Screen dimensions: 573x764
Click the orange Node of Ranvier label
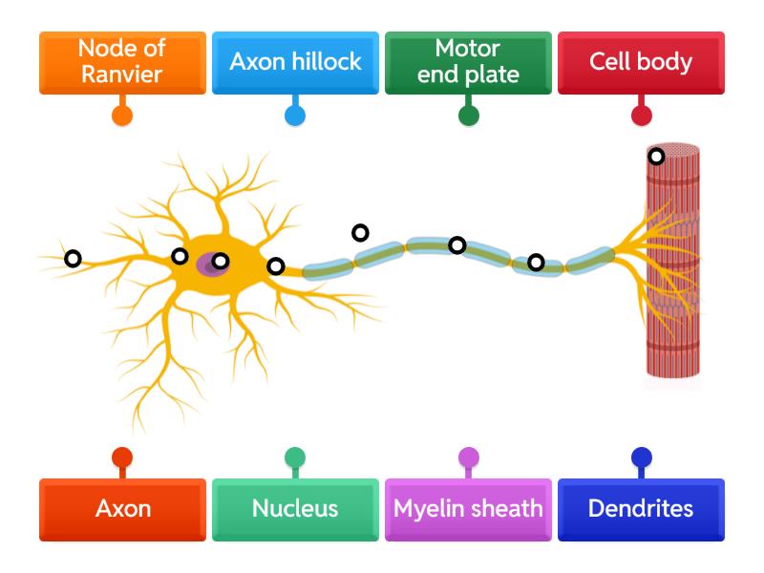pyautogui.click(x=122, y=63)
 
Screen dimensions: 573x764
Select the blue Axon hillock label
pyautogui.click(x=295, y=63)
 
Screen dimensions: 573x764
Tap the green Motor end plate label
pyautogui.click(x=468, y=63)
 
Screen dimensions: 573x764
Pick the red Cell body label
pyautogui.click(x=641, y=63)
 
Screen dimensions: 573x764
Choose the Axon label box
pyautogui.click(x=122, y=509)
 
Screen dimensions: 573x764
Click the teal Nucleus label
pyautogui.click(x=295, y=509)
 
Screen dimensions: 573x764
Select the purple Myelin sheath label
pyautogui.click(x=468, y=509)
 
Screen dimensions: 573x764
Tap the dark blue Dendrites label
pyautogui.click(x=641, y=509)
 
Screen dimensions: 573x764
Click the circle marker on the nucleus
pyautogui.click(x=221, y=261)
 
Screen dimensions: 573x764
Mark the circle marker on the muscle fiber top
pyautogui.click(x=656, y=156)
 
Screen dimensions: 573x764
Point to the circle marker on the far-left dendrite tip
pyautogui.click(x=73, y=259)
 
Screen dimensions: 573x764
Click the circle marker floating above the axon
pyautogui.click(x=360, y=232)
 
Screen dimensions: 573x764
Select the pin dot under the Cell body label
pyautogui.click(x=642, y=116)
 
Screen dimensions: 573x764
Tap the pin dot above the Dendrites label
pyautogui.click(x=642, y=457)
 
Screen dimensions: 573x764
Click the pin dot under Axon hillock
pyautogui.click(x=295, y=116)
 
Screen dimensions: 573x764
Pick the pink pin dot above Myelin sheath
pyautogui.click(x=468, y=457)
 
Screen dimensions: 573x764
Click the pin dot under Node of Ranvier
pyautogui.click(x=122, y=116)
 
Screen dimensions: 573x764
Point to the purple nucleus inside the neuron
pyautogui.click(x=209, y=265)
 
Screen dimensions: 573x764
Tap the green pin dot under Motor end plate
pyautogui.click(x=468, y=116)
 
